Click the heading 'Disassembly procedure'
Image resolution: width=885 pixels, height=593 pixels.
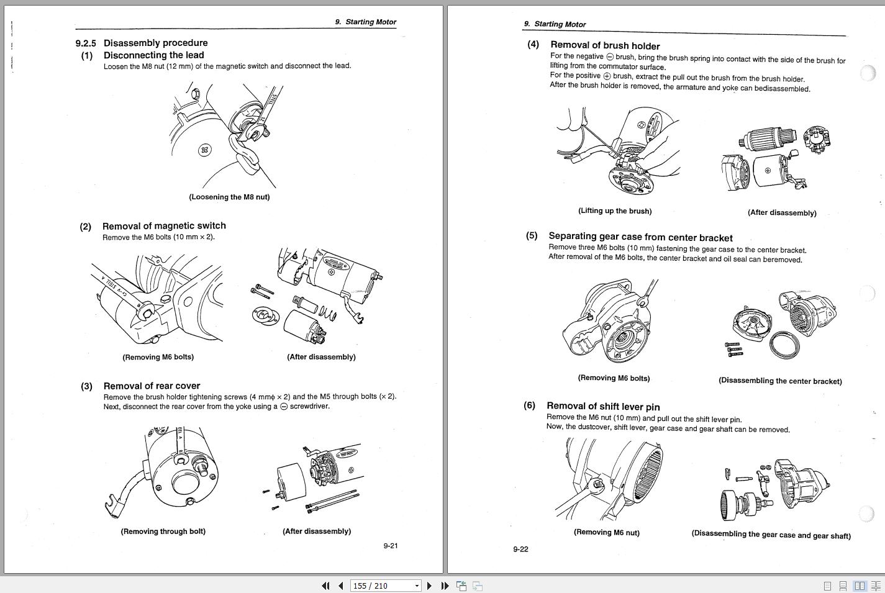pyautogui.click(x=155, y=43)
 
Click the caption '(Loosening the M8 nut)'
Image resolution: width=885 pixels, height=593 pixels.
pyautogui.click(x=229, y=197)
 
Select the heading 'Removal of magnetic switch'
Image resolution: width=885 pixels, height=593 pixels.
pyautogui.click(x=164, y=226)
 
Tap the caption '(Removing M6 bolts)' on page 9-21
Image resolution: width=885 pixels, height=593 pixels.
pyautogui.click(x=158, y=357)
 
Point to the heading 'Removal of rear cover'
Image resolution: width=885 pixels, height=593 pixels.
pyautogui.click(x=152, y=386)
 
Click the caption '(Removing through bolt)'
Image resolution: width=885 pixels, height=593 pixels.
pyautogui.click(x=163, y=532)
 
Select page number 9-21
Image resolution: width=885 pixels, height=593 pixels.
pyautogui.click(x=390, y=546)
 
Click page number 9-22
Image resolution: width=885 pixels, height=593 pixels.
pyautogui.click(x=520, y=549)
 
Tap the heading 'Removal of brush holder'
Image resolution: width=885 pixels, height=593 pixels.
pyautogui.click(x=605, y=45)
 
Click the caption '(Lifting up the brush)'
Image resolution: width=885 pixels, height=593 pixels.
pyautogui.click(x=615, y=211)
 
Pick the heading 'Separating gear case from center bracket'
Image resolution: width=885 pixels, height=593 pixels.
pyautogui.click(x=640, y=237)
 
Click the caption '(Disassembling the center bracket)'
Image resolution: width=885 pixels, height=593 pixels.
pyautogui.click(x=780, y=381)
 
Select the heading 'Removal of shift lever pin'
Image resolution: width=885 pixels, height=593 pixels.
pyautogui.click(x=603, y=407)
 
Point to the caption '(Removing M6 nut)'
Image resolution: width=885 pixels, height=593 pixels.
pyautogui.click(x=606, y=532)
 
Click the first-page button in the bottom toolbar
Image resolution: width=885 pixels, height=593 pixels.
pyautogui.click(x=325, y=586)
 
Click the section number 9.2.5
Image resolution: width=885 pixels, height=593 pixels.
pyautogui.click(x=86, y=43)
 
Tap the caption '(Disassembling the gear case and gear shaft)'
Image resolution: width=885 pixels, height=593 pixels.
pyautogui.click(x=771, y=535)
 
